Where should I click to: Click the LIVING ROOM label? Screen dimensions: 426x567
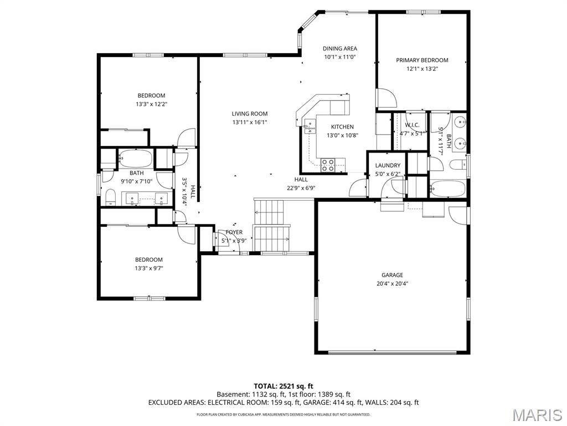249,114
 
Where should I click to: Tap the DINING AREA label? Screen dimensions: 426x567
339,48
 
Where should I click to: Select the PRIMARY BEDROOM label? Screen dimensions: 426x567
422,60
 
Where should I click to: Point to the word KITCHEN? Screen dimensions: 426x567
342,127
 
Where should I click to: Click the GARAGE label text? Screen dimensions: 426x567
392,275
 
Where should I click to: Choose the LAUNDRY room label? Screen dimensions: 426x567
388,165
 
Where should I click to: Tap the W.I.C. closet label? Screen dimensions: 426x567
412,125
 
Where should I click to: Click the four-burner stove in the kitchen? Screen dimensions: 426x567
328,163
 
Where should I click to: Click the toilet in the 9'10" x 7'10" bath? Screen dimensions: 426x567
110,196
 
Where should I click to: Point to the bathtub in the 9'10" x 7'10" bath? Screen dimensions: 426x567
136,159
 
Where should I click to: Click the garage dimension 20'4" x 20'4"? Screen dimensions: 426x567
392,283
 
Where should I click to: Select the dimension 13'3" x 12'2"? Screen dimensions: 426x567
151,104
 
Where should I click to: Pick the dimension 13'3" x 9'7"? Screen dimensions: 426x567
149,268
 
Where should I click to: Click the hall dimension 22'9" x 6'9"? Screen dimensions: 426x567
301,188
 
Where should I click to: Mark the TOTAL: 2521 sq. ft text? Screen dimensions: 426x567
283,386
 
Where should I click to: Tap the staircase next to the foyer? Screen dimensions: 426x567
271,225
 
